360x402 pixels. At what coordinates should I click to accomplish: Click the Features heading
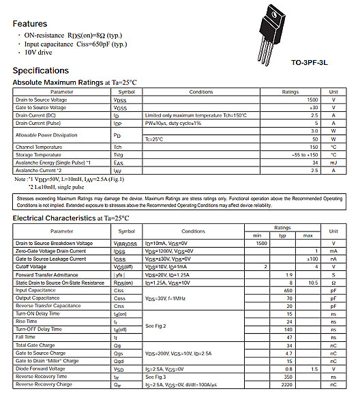(x=30, y=23)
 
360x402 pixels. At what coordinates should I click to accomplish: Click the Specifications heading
(x=40, y=70)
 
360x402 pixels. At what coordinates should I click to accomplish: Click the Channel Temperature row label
(x=40, y=147)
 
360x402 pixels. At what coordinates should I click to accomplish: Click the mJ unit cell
(x=333, y=162)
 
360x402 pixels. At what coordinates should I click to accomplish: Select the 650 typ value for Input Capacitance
(x=289, y=290)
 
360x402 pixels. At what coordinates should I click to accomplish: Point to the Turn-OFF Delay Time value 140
(x=289, y=330)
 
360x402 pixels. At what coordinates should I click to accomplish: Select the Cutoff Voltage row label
(x=31, y=267)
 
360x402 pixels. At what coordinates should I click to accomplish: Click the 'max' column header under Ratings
(x=307, y=235)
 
